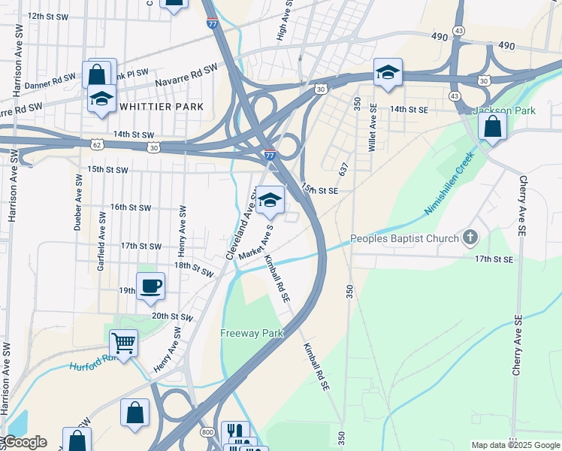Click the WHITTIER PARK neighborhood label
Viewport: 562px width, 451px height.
click(162, 107)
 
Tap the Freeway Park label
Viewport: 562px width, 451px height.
click(252, 333)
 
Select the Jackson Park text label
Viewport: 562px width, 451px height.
click(504, 110)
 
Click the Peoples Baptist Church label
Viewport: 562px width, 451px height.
click(405, 239)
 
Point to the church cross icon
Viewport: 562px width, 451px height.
click(470, 238)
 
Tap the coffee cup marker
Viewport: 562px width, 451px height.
click(151, 286)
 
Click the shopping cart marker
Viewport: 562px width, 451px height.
click(123, 344)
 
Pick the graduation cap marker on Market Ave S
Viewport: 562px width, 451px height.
click(270, 200)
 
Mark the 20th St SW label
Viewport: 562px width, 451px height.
click(172, 318)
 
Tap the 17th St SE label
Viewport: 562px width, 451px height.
click(493, 259)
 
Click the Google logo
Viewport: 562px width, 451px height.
click(25, 442)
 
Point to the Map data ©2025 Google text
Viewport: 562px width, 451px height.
click(515, 445)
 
